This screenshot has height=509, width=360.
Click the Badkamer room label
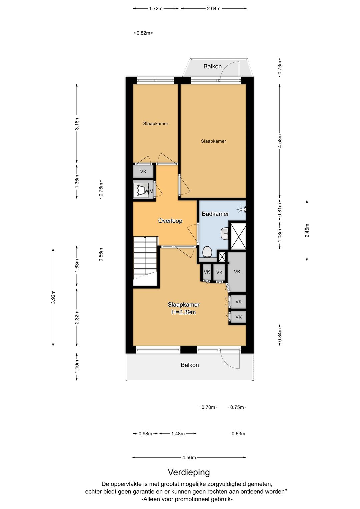215,214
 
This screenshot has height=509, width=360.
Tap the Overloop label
170,221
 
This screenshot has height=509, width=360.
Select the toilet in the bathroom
207,252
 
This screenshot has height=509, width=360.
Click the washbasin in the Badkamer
225,233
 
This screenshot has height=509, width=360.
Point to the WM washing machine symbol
143,190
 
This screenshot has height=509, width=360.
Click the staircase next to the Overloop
145,261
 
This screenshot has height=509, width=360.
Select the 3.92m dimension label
53,297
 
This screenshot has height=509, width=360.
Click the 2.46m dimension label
307,230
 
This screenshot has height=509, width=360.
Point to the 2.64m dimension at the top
214,9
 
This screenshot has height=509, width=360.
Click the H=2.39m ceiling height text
183,312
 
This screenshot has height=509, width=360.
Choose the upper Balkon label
213,66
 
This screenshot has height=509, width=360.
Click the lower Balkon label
190,365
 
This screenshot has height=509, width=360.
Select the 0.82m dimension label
143,33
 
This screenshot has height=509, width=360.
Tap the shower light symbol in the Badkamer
240,209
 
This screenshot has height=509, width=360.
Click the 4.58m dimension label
280,141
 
